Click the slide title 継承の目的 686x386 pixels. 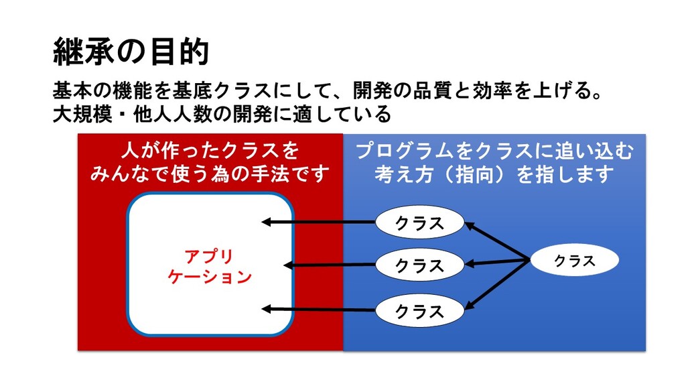click(131, 52)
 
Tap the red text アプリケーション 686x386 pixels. click(210, 266)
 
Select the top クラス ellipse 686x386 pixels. click(419, 222)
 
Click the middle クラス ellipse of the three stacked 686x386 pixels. click(419, 265)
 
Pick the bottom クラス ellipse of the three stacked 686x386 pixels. click(419, 311)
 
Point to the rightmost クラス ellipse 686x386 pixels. click(574, 261)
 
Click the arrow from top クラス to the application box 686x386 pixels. click(318, 222)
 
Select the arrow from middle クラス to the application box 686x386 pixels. click(330, 265)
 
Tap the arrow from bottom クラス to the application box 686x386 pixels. click(318, 310)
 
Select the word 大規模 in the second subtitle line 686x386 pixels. click(82, 114)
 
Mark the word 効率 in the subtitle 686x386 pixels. click(492, 91)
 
